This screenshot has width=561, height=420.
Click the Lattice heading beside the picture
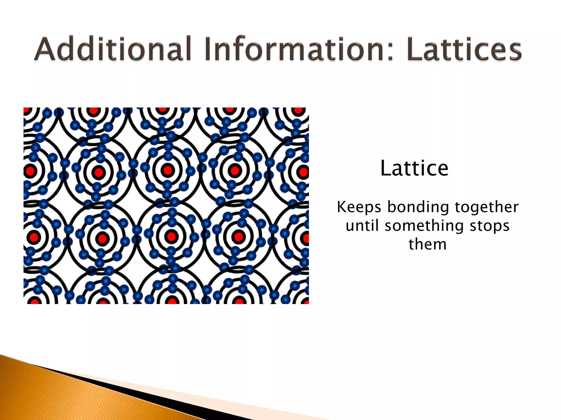414,168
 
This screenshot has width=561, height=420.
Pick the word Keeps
359,207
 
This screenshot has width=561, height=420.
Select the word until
362,226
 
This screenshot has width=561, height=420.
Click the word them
428,244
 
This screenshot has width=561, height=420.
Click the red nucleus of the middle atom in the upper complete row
168,170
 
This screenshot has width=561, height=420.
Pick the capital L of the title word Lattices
414,49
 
